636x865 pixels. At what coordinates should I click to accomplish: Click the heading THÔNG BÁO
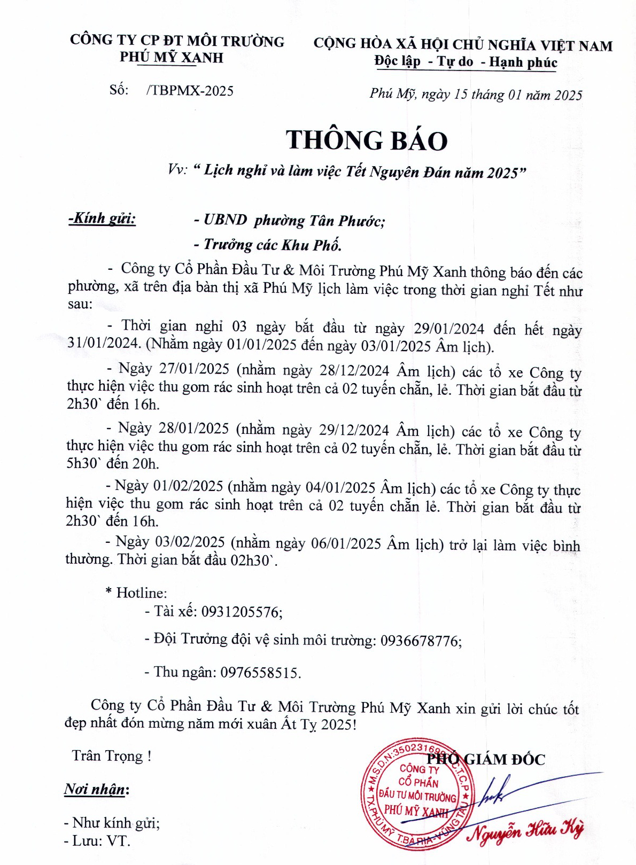(367, 140)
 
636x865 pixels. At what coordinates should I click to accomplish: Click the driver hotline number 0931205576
(242, 612)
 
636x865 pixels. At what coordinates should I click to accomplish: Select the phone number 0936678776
(421, 641)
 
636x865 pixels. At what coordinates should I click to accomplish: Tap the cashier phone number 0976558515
(260, 672)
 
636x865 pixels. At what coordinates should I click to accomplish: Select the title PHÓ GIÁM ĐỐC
(486, 759)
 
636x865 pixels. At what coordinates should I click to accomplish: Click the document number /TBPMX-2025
(189, 90)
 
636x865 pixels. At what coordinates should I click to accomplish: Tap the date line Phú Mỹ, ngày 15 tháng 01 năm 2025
(475, 95)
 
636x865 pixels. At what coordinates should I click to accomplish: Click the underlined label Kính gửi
(102, 219)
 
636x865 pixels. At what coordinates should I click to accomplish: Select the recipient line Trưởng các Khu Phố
(272, 245)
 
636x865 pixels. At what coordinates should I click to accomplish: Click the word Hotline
(141, 593)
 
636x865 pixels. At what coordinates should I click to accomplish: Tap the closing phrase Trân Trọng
(111, 755)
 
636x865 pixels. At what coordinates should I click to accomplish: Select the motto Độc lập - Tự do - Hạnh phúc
(466, 62)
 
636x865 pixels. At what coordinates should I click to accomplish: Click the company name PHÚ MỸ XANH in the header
(171, 57)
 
